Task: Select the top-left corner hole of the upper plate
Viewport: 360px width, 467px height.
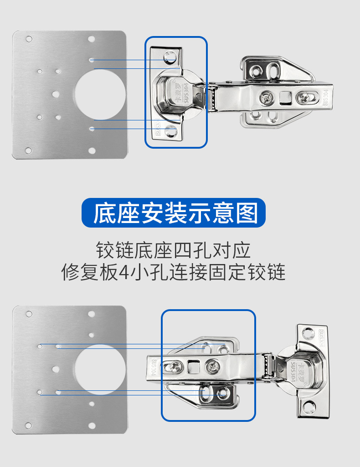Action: (29, 39)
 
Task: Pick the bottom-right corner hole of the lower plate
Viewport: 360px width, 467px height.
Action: (92, 425)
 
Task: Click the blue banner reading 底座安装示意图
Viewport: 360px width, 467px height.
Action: (174, 213)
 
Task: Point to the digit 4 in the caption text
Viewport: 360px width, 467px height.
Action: (123, 273)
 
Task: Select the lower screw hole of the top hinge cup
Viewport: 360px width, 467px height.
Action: (171, 132)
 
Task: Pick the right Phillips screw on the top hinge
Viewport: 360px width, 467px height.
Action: (303, 97)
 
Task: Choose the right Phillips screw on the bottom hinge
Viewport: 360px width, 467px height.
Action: (211, 365)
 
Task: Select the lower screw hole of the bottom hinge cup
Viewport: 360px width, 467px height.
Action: (310, 405)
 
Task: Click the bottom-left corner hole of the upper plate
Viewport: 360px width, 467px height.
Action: (29, 150)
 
